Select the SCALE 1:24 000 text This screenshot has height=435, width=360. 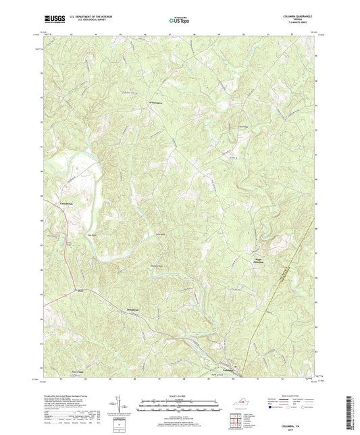(179, 396)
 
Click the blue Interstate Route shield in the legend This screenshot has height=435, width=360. (270, 407)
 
